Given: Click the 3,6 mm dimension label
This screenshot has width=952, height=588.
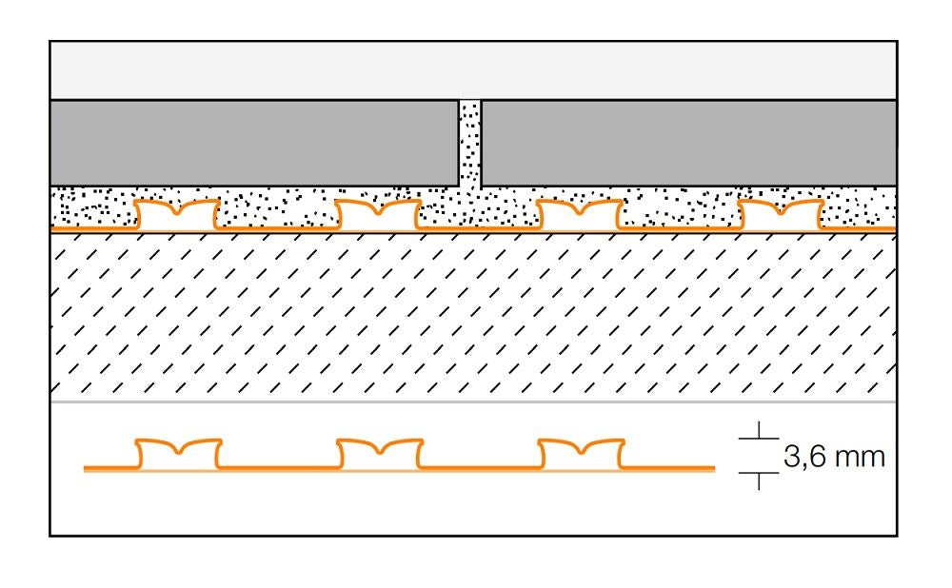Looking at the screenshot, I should point(834,458).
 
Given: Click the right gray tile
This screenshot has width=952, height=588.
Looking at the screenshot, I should point(688,143).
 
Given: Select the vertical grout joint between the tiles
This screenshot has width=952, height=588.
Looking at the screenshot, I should point(470,143).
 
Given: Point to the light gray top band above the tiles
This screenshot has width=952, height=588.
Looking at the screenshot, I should point(473,70).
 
